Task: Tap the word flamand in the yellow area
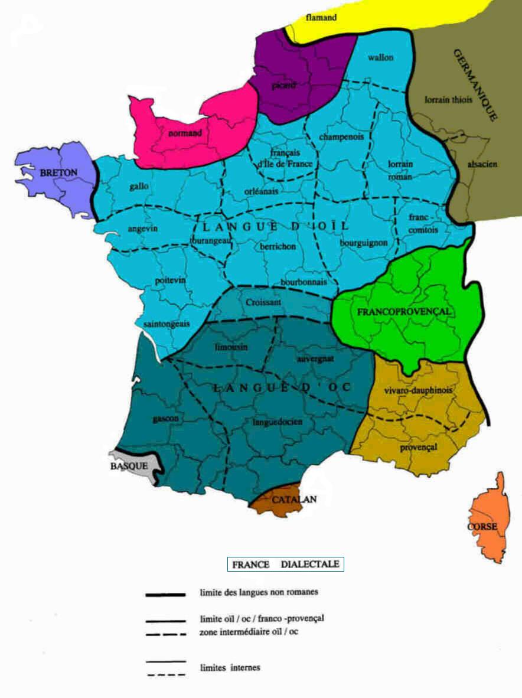coord(321,18)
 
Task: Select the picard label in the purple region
coord(283,86)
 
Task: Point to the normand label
coord(185,133)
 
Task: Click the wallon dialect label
coord(380,57)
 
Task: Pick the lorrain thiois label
coord(449,100)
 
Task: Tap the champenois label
coord(341,137)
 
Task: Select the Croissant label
coord(263,302)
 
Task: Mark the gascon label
coord(165,418)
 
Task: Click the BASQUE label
coord(129,465)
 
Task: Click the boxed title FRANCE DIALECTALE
coord(286,564)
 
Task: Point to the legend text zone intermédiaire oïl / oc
coord(255,632)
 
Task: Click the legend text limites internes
coord(230,668)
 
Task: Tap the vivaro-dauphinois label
coord(418,390)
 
